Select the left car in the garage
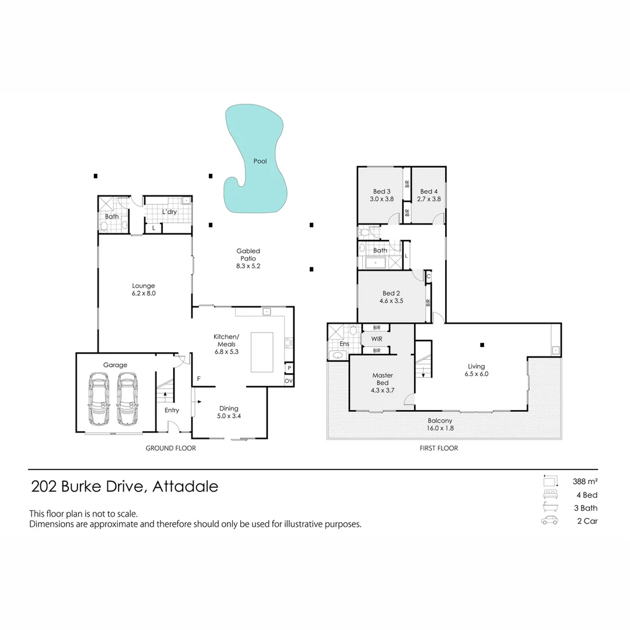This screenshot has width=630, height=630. click(99, 400)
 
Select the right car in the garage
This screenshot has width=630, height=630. click(127, 400)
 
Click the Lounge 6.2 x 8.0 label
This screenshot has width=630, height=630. click(143, 289)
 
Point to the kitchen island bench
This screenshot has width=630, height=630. click(262, 352)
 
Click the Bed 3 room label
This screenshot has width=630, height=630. click(381, 195)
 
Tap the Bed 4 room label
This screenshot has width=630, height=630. click(429, 195)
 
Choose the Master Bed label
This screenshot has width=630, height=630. click(382, 383)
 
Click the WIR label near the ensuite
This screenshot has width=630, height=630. click(376, 339)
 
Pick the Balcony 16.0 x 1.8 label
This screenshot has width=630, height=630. click(440, 424)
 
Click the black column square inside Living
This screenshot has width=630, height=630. click(482, 344)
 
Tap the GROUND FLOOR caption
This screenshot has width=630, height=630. click(170, 448)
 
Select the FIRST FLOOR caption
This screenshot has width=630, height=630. click(438, 448)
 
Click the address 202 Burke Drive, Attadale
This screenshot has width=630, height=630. click(124, 486)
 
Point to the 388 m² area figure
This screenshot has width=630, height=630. click(585, 482)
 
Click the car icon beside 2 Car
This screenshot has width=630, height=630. click(549, 520)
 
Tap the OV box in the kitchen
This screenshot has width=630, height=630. click(288, 380)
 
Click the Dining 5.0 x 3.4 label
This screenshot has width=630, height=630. click(228, 412)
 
